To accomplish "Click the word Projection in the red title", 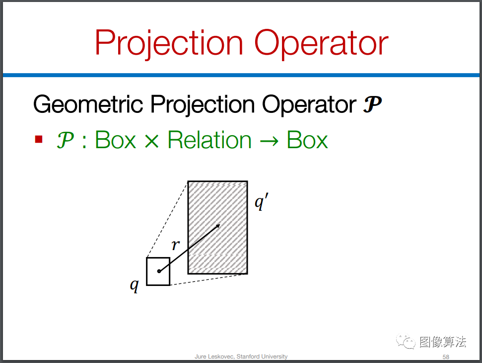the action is (x=169, y=43).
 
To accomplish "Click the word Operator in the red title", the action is (x=322, y=43).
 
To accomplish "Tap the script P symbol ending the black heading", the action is (x=372, y=104).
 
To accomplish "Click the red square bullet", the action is (x=39, y=139).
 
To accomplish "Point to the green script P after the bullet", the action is (x=65, y=140).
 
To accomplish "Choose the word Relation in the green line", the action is (x=209, y=140).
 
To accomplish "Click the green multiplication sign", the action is (x=151, y=141).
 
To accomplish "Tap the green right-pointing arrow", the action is (x=269, y=142).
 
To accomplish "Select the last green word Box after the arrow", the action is (x=307, y=140).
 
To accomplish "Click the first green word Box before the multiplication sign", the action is (x=116, y=140).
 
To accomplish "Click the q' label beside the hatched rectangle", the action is (x=262, y=202).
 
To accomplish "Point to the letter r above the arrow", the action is (x=176, y=245).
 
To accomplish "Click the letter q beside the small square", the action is (x=135, y=285).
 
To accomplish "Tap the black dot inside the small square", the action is (x=159, y=271).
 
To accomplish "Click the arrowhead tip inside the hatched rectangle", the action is (x=220, y=224).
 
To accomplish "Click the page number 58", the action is (x=446, y=357).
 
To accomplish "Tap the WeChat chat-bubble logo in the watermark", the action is (x=406, y=341).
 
